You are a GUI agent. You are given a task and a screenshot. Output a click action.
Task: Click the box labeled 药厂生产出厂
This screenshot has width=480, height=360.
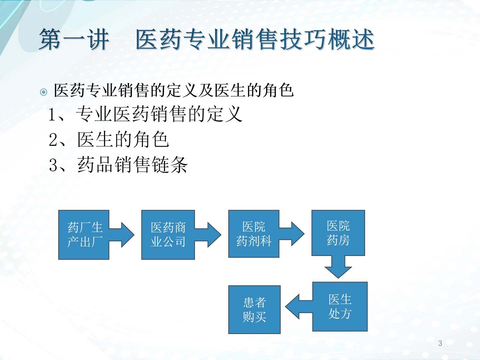(x=84, y=235)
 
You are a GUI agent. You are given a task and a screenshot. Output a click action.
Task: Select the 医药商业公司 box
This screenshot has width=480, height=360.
(x=168, y=235)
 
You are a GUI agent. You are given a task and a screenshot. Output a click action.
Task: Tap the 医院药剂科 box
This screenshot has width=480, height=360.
(x=254, y=234)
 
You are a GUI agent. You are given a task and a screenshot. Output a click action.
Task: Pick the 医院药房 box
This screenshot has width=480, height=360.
(x=338, y=233)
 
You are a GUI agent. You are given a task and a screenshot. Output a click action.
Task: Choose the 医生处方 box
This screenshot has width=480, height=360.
(x=340, y=306)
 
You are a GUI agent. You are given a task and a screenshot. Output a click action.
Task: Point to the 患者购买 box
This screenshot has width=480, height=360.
(x=254, y=310)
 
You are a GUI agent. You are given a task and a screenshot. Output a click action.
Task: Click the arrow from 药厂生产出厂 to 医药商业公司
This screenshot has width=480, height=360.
(x=122, y=235)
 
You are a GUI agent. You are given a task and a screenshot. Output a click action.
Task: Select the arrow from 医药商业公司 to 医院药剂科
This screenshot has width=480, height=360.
(x=208, y=235)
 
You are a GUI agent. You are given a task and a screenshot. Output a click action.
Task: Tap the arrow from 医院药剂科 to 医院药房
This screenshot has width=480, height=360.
(x=291, y=234)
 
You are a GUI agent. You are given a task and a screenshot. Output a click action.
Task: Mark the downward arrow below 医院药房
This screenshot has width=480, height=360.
(x=338, y=267)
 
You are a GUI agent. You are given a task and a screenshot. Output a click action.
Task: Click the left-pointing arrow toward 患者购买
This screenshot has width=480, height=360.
(x=299, y=307)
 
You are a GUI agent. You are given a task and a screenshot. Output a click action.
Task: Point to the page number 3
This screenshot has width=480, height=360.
(x=440, y=343)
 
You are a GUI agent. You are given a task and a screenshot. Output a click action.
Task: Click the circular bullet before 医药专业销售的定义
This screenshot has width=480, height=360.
(x=44, y=92)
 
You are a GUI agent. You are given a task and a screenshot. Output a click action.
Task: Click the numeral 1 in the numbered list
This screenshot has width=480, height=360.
(x=52, y=115)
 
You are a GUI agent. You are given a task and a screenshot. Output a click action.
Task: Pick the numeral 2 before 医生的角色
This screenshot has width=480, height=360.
(x=53, y=140)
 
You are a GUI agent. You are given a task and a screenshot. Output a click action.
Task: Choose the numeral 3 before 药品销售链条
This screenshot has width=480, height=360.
(x=53, y=165)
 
